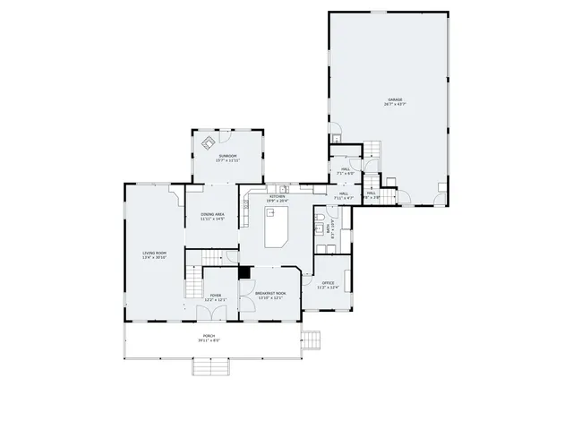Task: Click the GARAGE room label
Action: (x=395, y=99)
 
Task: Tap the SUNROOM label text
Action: (x=228, y=156)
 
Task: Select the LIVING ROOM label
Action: (x=154, y=254)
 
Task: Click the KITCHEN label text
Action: (x=278, y=196)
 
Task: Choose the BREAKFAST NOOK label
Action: (x=269, y=294)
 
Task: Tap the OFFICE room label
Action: (x=329, y=283)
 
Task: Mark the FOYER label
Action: (x=215, y=295)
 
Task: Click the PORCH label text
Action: (x=209, y=336)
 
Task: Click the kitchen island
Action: (x=276, y=228)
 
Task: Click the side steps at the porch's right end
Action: (x=312, y=341)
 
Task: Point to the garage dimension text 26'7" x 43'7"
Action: (x=395, y=105)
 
